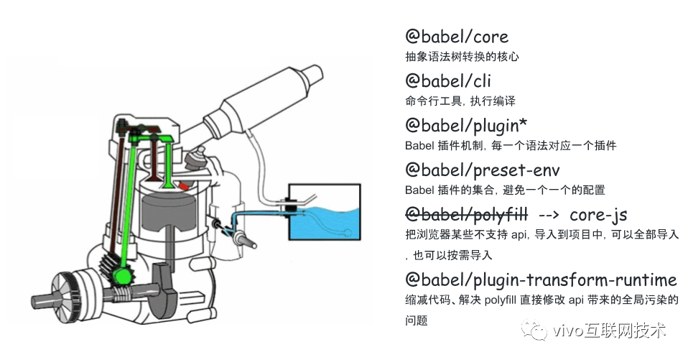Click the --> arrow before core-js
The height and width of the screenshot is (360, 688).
pyautogui.click(x=548, y=215)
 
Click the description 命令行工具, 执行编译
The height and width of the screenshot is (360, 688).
pyautogui.click(x=460, y=101)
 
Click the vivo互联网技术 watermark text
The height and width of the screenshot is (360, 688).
pyautogui.click(x=610, y=331)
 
